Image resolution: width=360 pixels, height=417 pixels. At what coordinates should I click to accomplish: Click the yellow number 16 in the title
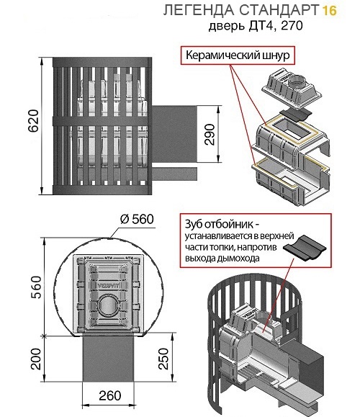coord(329,11)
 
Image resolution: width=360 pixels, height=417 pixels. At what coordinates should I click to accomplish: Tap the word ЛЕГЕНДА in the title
coord(199,10)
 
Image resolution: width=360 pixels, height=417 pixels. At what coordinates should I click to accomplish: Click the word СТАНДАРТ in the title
coord(279,10)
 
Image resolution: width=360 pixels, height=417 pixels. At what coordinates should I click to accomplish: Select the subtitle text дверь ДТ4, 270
coord(256,26)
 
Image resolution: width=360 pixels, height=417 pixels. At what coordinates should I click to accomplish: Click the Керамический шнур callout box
coord(238,55)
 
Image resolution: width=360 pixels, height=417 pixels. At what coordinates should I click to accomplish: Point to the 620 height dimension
coord(34,120)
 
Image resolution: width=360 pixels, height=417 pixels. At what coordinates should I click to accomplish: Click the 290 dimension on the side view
coord(210,134)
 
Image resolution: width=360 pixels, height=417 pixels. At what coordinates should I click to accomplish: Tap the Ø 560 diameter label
coord(137,220)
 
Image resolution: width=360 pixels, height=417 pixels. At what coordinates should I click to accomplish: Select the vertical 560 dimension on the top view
coord(36,287)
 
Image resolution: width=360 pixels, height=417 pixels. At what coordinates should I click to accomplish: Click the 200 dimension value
coord(36,359)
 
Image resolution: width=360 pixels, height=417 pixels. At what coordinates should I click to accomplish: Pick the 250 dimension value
coord(163,359)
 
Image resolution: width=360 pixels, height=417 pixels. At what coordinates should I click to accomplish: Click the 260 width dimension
coord(110,395)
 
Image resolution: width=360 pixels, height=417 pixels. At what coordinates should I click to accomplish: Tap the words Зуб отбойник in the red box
coord(220,225)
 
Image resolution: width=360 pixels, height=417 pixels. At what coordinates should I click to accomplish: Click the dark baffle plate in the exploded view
coord(296,114)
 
